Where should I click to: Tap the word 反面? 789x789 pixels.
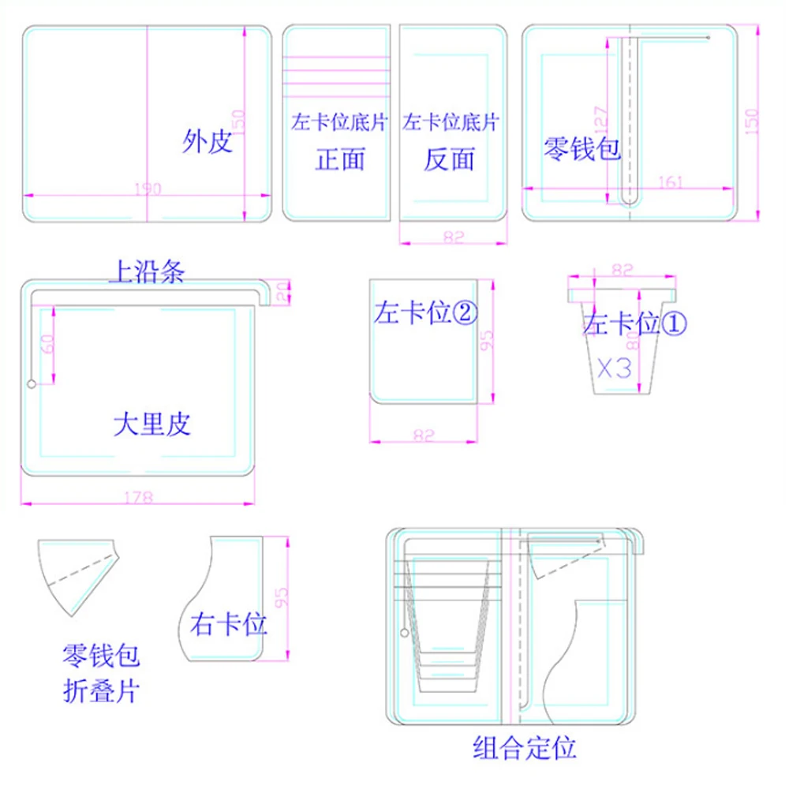[449, 159]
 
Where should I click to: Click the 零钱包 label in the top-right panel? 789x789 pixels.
[582, 148]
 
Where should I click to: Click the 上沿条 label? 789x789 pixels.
[146, 273]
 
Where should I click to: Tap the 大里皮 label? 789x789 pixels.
[151, 425]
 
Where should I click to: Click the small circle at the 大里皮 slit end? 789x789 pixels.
[32, 384]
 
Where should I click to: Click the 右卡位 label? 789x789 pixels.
[229, 626]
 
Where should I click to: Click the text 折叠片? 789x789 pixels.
[101, 692]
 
